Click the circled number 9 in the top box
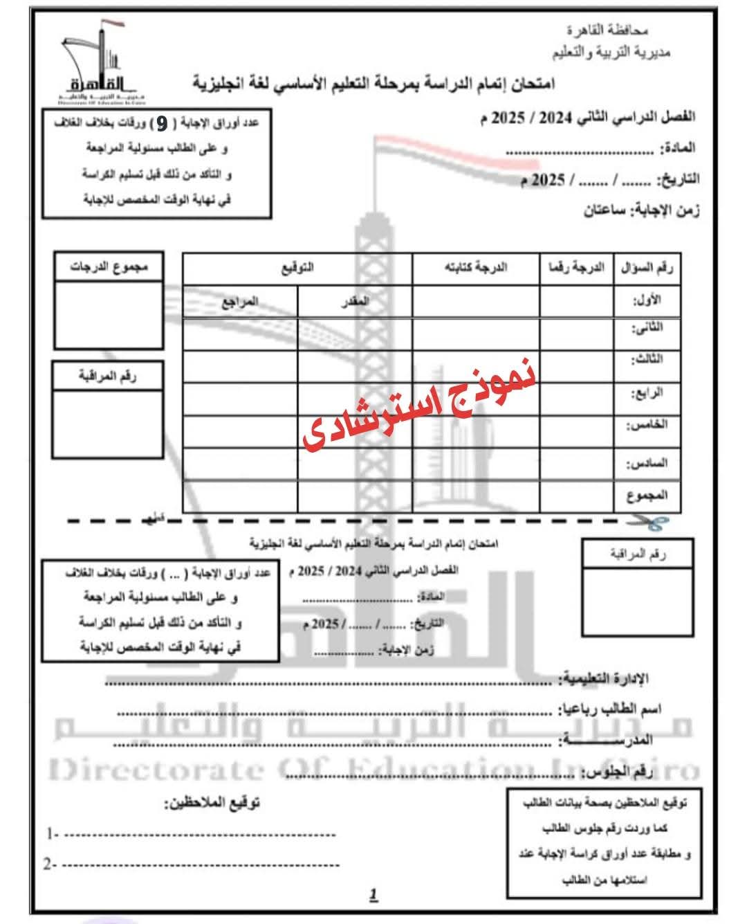161,123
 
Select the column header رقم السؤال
647,267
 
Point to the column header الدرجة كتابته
475,267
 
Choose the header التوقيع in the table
297,267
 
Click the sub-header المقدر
355,301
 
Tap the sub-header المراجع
240,301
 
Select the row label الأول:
647,300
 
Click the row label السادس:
647,462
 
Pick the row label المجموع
647,496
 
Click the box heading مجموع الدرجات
109,266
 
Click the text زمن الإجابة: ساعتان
641,210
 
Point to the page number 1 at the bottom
373,894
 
